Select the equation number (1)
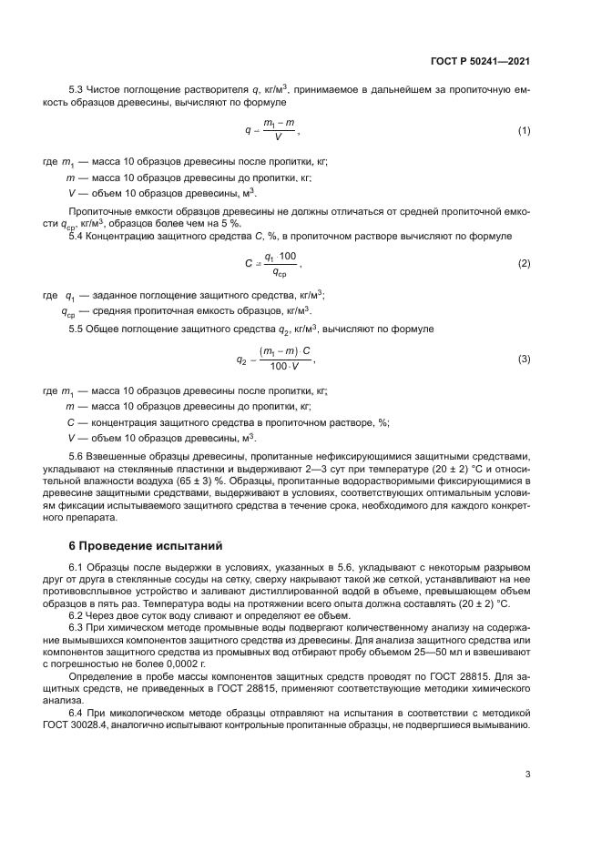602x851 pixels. [x=524, y=131]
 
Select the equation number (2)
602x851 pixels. [x=524, y=263]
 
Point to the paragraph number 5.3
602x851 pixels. [x=77, y=88]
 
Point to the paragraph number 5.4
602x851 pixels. [x=77, y=236]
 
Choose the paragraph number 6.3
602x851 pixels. [x=77, y=627]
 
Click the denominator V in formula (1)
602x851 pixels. [x=278, y=138]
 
